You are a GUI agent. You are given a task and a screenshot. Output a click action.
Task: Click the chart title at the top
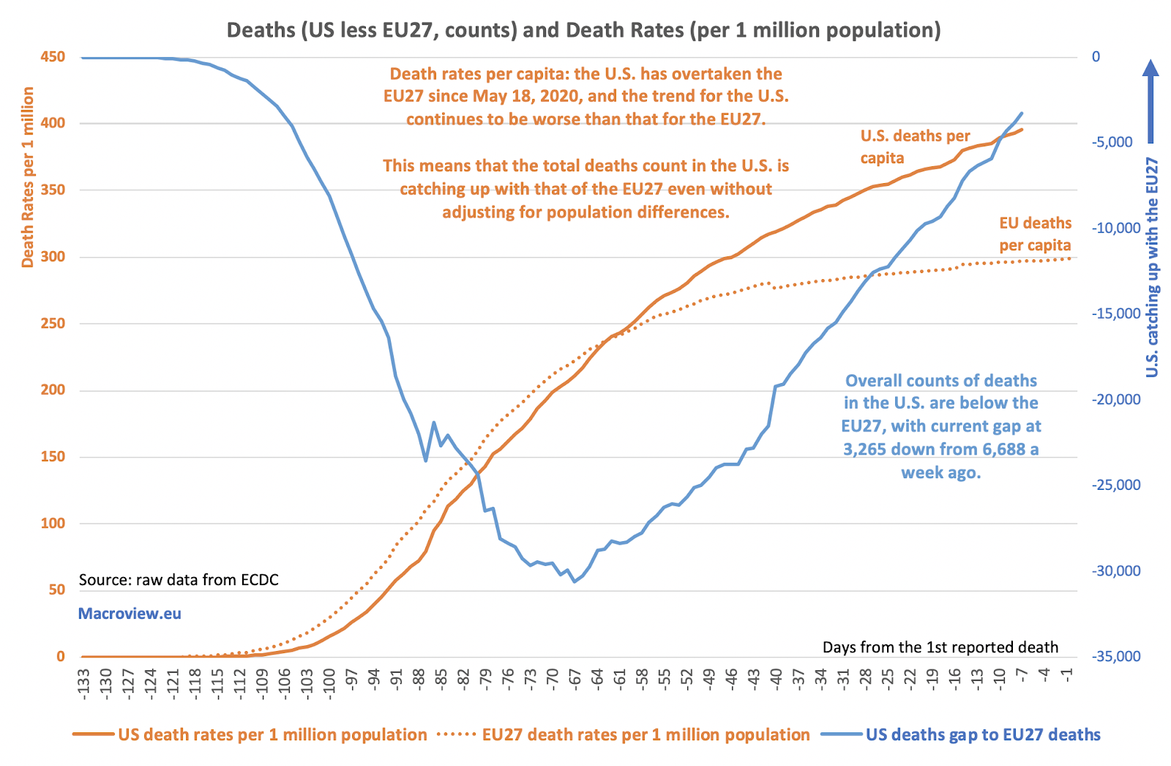click(583, 30)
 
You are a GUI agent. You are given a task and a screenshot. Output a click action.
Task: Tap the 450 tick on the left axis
click(53, 57)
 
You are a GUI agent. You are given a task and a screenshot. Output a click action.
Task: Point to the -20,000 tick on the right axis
click(1116, 399)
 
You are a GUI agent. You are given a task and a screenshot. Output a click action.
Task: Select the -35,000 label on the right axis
click(1116, 656)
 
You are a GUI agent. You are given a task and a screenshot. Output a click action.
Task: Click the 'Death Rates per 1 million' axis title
click(28, 177)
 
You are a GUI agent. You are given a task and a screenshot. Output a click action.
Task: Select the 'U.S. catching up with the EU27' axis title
click(1152, 267)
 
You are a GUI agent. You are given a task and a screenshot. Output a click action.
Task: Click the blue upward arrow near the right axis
click(1151, 101)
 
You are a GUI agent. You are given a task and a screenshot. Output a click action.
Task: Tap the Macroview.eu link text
click(130, 614)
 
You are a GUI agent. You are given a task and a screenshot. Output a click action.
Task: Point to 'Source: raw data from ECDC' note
click(179, 580)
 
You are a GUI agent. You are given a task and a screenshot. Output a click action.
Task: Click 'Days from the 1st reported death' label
click(940, 647)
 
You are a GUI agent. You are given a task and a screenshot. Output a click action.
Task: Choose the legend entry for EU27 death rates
click(624, 735)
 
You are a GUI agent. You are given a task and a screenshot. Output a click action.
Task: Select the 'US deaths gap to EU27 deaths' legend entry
click(961, 735)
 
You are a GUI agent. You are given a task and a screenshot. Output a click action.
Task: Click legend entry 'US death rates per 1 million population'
click(250, 735)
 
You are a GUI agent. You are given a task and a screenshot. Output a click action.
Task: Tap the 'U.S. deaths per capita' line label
click(915, 146)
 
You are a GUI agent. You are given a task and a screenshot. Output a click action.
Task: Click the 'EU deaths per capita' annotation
click(1035, 234)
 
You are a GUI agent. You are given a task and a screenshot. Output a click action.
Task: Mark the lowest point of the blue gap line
click(575, 581)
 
